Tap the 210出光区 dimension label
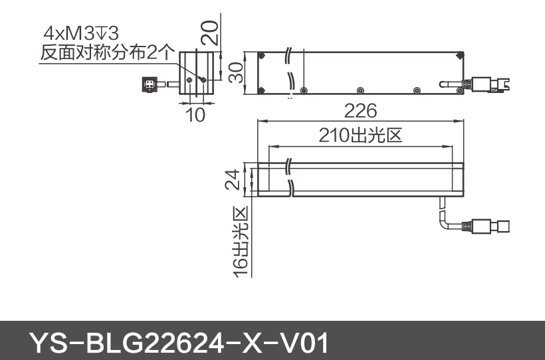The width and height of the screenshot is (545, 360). [360, 136]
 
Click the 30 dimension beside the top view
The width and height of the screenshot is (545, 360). [235, 73]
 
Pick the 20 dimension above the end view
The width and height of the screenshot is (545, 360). [210, 31]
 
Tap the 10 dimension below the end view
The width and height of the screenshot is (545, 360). [195, 114]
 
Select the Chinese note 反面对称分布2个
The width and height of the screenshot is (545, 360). [107, 52]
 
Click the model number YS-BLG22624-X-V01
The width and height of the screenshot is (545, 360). [179, 343]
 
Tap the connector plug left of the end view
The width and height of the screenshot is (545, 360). [150, 84]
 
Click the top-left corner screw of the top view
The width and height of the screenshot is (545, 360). [263, 56]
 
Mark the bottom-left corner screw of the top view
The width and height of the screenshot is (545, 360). [263, 91]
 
